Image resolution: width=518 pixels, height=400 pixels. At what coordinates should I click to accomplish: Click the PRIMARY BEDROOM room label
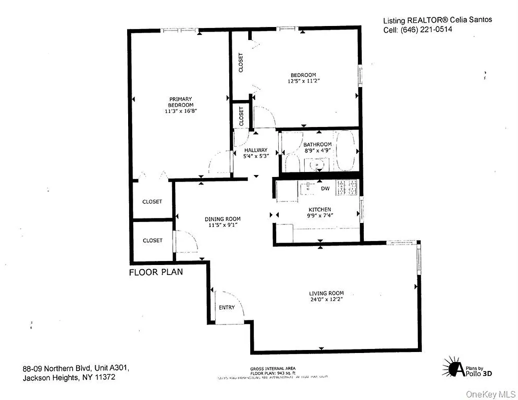pos(180,101)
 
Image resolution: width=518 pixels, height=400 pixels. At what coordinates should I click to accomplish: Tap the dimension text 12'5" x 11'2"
pos(303,81)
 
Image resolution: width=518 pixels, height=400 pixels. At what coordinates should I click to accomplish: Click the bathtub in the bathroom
pos(345,150)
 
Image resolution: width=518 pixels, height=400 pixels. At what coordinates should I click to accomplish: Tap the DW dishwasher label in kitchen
pos(325,188)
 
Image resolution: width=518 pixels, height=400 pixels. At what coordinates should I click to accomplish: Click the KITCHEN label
pos(319,209)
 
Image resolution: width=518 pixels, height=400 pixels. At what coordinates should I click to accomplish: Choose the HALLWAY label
pos(256,150)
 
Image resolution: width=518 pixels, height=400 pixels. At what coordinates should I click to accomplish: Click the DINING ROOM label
pos(222,219)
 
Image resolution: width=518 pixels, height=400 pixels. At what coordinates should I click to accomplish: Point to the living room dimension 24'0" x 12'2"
pos(326,299)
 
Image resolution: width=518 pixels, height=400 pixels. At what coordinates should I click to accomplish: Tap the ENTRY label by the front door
pos(226,307)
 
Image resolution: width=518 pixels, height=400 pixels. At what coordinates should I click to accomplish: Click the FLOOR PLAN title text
pos(156,272)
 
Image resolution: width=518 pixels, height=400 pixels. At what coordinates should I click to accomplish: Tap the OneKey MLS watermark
pos(490,394)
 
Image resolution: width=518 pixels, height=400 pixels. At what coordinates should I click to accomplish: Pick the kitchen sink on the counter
pos(306,187)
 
